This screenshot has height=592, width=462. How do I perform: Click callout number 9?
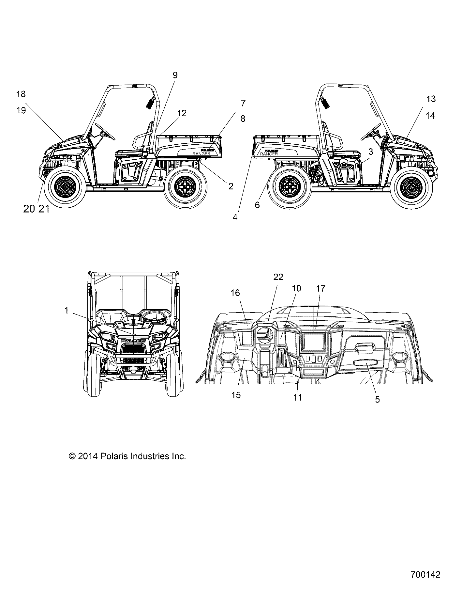175,75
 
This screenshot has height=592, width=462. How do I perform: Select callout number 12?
182,113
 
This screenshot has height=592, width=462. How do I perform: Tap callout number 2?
231,186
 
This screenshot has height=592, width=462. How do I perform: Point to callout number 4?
235,217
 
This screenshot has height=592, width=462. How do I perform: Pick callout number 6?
257,205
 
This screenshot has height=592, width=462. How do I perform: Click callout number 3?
371,152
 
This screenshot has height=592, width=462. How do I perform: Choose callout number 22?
278,277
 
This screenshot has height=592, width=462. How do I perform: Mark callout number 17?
321,288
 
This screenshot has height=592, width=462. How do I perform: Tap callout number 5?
377,399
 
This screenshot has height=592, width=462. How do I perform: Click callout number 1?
67,310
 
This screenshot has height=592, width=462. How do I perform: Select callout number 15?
236,395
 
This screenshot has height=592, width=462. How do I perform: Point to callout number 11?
298,397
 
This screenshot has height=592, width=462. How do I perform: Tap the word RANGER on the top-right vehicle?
269,154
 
